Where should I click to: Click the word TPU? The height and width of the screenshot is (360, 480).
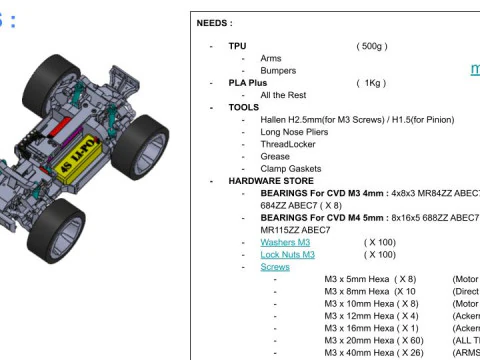[237, 46]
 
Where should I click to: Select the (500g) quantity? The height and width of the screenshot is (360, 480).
[372, 46]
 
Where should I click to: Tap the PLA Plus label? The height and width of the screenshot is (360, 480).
[248, 83]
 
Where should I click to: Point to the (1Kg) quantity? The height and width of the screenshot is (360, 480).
[371, 83]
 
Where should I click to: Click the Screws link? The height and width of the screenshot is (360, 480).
[275, 267]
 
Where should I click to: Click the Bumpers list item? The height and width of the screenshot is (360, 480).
[278, 70]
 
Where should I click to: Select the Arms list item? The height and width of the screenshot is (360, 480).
[271, 58]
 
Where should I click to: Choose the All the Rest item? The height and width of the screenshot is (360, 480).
[287, 95]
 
